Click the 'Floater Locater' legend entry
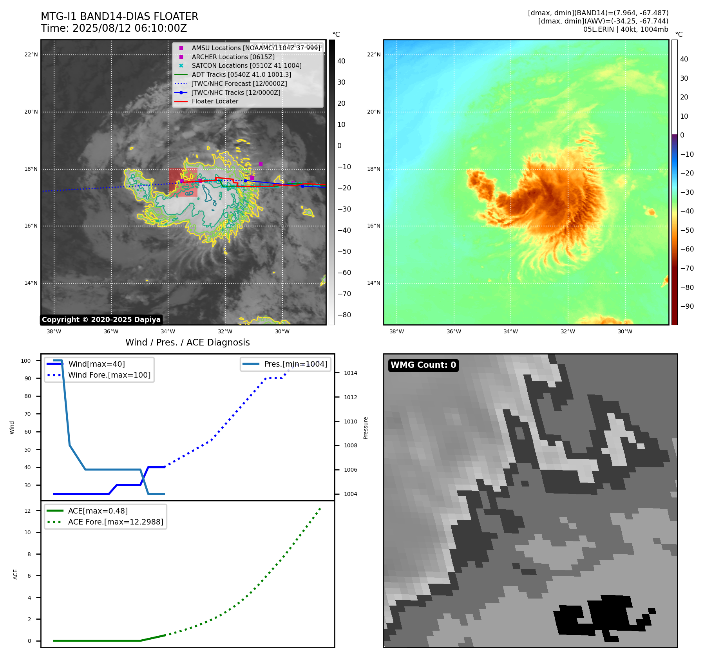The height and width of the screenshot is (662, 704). [215, 101]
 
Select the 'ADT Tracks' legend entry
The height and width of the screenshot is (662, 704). [241, 74]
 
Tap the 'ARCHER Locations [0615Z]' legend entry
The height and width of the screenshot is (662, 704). [233, 57]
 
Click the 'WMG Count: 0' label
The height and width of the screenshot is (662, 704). [423, 365]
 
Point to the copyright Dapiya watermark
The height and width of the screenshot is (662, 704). [101, 320]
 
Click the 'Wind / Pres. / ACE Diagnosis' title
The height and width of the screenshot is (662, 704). [187, 342]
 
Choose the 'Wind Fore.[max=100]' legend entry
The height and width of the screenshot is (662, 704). [109, 375]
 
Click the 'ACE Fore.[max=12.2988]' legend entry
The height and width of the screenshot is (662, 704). [116, 522]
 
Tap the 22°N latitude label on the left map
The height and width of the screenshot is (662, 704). [31, 54]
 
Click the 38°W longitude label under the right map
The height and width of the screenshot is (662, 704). [396, 331]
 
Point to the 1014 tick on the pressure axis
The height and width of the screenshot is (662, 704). [350, 373]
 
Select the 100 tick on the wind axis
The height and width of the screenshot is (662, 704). [26, 361]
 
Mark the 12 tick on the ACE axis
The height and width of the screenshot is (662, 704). [27, 511]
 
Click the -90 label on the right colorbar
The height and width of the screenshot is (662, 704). [687, 306]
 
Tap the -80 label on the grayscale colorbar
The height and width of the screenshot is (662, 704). [344, 315]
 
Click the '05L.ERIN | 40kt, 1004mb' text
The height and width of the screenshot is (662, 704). [626, 29]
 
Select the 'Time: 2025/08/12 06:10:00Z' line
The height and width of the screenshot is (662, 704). [114, 29]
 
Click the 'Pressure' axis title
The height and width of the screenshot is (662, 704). [366, 428]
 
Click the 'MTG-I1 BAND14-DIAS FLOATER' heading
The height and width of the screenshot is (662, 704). [119, 16]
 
